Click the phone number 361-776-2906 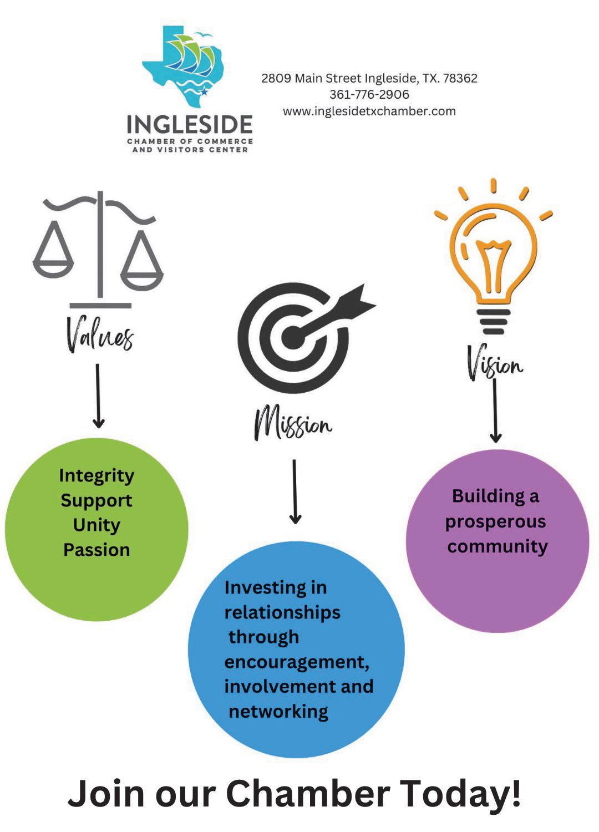pyautogui.click(x=369, y=94)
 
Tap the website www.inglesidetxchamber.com pyautogui.click(x=369, y=111)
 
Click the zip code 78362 pyautogui.click(x=460, y=78)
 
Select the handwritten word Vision pyautogui.click(x=494, y=364)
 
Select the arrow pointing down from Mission pyautogui.click(x=295, y=491)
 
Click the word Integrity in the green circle pyautogui.click(x=97, y=475)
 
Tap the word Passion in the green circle pyautogui.click(x=97, y=550)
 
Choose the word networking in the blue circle pyautogui.click(x=278, y=711)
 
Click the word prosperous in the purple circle pyautogui.click(x=495, y=522)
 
